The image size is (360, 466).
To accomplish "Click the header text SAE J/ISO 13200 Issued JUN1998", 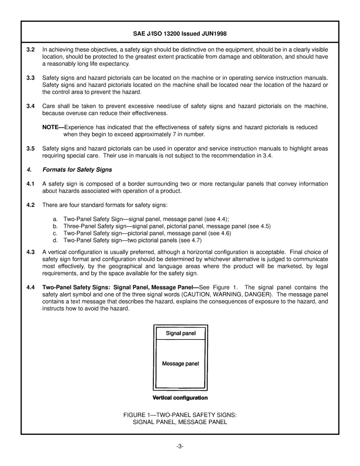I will tap(180, 34).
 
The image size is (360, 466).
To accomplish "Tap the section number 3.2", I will tap(31, 50).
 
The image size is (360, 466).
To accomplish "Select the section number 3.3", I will tap(31, 78).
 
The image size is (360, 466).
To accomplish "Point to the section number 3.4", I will tap(31, 106).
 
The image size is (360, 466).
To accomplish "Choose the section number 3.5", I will tap(31, 149).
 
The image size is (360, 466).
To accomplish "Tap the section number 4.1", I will tap(31, 184).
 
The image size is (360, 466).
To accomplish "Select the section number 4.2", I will tap(31, 205).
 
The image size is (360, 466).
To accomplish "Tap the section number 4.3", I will tap(31, 252).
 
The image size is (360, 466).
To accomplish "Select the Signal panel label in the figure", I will tap(180, 333).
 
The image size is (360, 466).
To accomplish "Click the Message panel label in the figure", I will tap(180, 364).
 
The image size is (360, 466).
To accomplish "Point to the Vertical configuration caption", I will tap(180, 398).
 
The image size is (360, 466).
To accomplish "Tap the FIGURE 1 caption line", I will tap(180, 415).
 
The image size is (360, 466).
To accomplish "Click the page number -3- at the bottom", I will tap(180, 446).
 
